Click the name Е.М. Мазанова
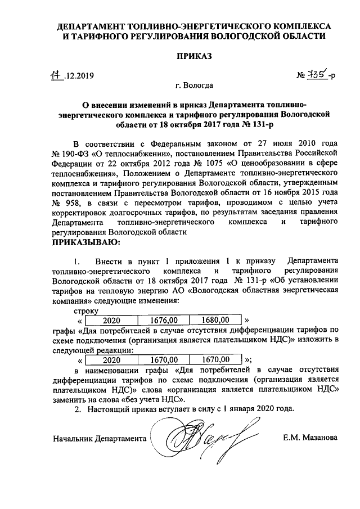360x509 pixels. coord(310,437)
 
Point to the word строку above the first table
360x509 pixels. coord(85,310)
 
